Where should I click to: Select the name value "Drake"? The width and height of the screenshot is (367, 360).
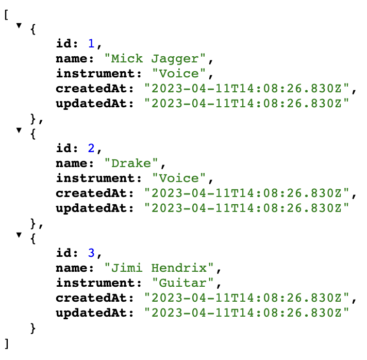pyautogui.click(x=130, y=163)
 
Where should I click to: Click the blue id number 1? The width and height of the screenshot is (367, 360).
pyautogui.click(x=91, y=44)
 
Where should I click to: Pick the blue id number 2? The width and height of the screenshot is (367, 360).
pyautogui.click(x=91, y=149)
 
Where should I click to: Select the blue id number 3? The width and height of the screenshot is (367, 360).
pyautogui.click(x=91, y=253)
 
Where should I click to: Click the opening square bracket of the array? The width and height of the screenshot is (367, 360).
pyautogui.click(x=6, y=14)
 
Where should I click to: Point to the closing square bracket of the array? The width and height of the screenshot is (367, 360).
pyautogui.click(x=6, y=342)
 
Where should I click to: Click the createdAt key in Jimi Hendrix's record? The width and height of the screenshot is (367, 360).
pyautogui.click(x=94, y=298)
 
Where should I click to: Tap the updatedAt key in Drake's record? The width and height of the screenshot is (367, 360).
pyautogui.click(x=94, y=208)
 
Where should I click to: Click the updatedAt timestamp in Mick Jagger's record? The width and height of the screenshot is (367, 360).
pyautogui.click(x=247, y=103)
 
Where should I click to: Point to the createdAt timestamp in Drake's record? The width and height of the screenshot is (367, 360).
pyautogui.click(x=247, y=193)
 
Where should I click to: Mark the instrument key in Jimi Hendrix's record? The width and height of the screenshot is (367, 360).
pyautogui.click(x=98, y=283)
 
